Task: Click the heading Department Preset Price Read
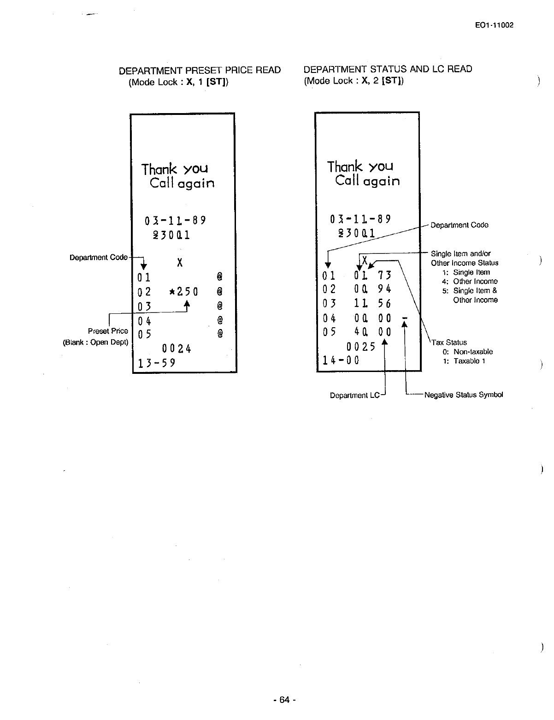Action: point(200,70)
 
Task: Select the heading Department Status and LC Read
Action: point(388,69)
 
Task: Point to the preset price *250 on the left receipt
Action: point(183,292)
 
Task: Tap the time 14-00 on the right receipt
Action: point(341,360)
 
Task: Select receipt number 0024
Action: point(177,348)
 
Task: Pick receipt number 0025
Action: point(362,347)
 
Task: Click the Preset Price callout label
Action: point(108,331)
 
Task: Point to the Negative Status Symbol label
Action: point(463,395)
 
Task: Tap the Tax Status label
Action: point(449,342)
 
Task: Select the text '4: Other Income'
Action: point(470,282)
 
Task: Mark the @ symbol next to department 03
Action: point(220,306)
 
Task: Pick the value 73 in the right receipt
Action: point(384,276)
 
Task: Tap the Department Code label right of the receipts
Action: point(459,225)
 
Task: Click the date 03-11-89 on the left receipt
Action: point(175,220)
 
